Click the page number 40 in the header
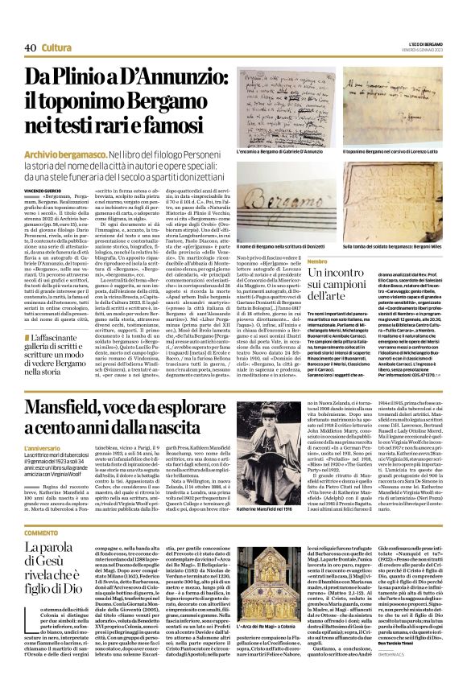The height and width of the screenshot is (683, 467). click(x=29, y=25)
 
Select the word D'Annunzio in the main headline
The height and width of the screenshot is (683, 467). click(x=166, y=78)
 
